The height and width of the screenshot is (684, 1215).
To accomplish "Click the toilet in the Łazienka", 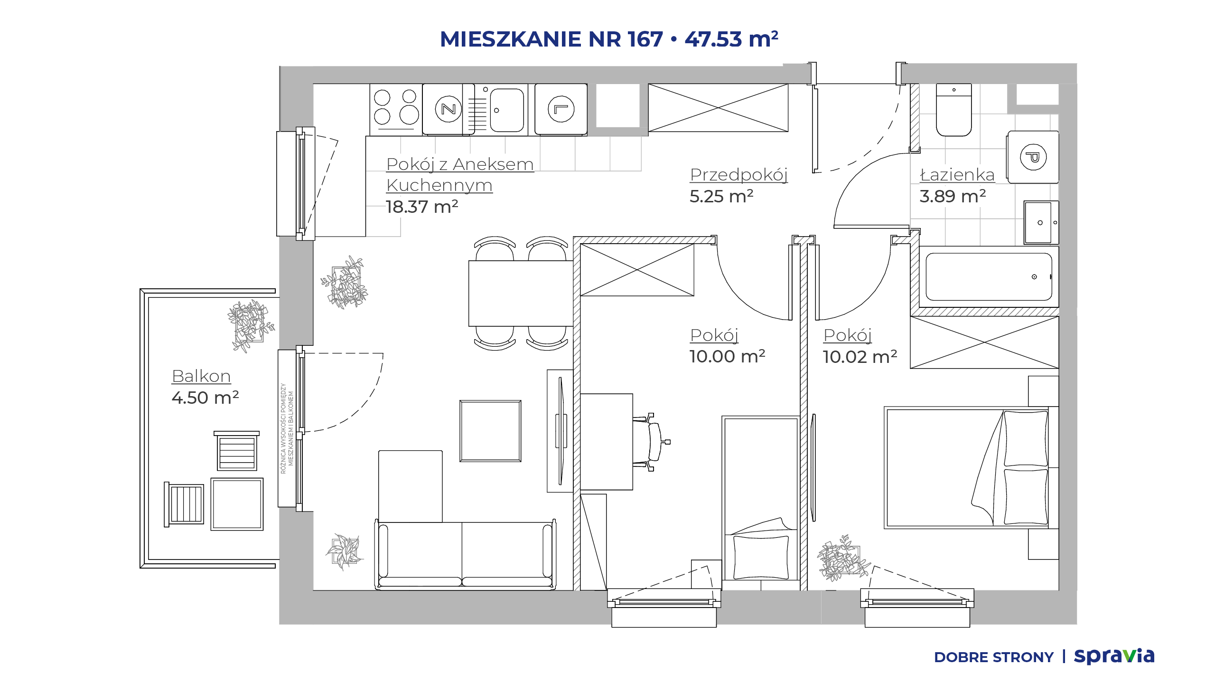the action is [953, 110].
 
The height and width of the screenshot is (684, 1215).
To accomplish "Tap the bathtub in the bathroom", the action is [989, 277].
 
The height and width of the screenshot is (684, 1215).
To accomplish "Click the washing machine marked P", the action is [1033, 157].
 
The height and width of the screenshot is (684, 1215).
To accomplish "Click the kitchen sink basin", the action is [507, 110].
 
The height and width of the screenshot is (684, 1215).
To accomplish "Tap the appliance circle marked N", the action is [449, 109].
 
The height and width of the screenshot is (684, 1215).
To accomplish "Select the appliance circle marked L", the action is [561, 109].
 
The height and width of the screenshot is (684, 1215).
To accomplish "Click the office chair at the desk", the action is [652, 442].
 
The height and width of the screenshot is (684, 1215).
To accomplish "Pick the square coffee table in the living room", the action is [490, 431].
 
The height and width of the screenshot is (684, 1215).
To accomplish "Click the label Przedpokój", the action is [738, 175].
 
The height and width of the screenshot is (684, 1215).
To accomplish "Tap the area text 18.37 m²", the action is [422, 207].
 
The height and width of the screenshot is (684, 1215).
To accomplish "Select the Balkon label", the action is [201, 376].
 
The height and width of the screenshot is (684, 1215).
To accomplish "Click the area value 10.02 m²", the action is [860, 357].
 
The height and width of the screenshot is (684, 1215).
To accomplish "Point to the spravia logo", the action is [1114, 656].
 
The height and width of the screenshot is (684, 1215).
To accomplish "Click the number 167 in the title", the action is [645, 39].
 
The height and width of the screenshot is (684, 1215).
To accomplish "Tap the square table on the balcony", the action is [237, 504].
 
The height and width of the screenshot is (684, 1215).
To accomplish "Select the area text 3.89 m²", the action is [953, 196].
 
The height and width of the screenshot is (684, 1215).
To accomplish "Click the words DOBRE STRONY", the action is [993, 657].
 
